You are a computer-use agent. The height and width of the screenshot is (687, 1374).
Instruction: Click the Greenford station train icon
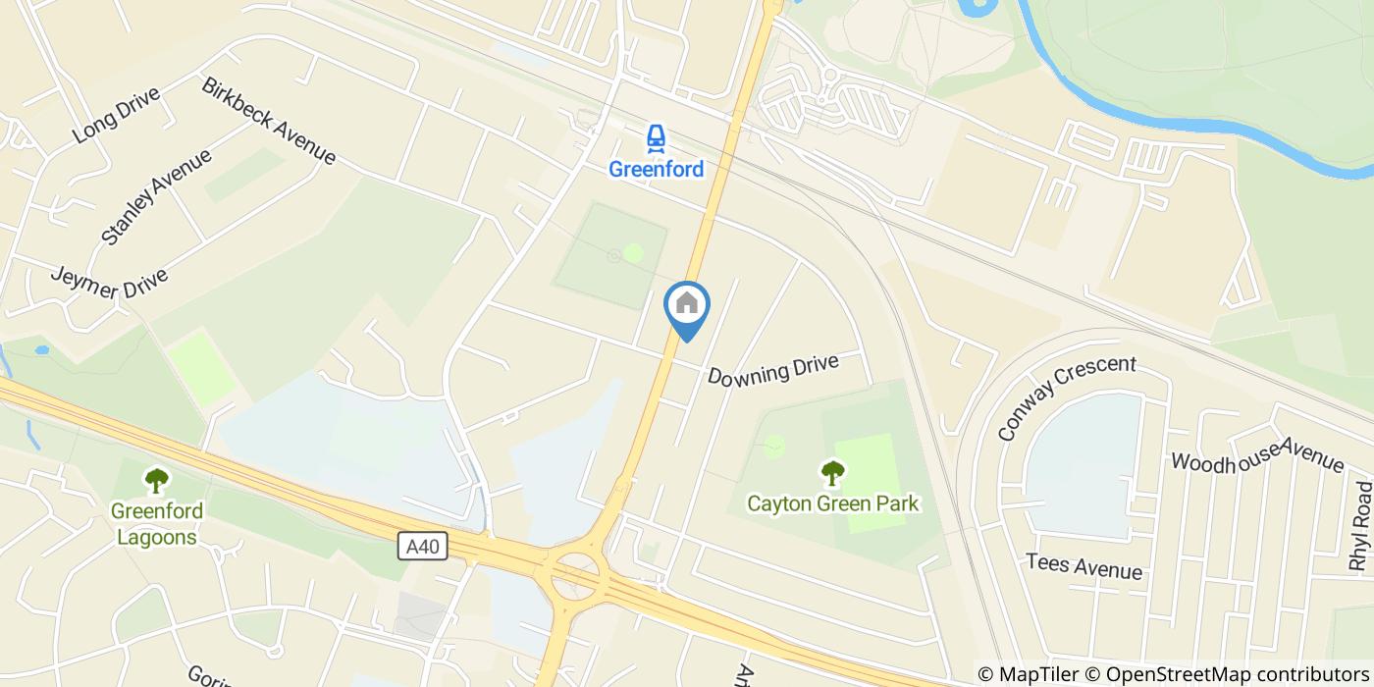[656, 138]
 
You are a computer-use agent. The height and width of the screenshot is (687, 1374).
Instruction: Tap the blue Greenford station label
[656, 169]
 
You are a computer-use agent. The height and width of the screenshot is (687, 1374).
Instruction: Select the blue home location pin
[687, 306]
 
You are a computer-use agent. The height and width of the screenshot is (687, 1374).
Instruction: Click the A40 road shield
[423, 546]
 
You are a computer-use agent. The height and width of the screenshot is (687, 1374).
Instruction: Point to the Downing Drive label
[773, 370]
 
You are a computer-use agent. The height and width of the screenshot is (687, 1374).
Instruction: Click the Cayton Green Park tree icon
[832, 474]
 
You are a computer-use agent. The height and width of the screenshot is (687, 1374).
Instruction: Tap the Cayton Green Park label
[832, 503]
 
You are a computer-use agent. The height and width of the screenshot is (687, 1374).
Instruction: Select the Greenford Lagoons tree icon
[156, 481]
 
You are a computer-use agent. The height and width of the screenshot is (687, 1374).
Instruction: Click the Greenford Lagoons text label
[157, 524]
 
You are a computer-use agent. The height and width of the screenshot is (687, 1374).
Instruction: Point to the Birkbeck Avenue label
[269, 121]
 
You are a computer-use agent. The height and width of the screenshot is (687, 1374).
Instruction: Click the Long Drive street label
[116, 115]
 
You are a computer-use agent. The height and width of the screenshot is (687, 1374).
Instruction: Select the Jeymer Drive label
[108, 284]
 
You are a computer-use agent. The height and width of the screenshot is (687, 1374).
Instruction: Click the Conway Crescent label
[1066, 396]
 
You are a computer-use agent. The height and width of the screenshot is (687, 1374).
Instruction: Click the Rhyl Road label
[1360, 525]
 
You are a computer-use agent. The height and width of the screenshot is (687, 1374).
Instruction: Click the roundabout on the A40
[576, 569]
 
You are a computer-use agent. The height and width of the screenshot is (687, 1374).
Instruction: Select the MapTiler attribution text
[1037, 673]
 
